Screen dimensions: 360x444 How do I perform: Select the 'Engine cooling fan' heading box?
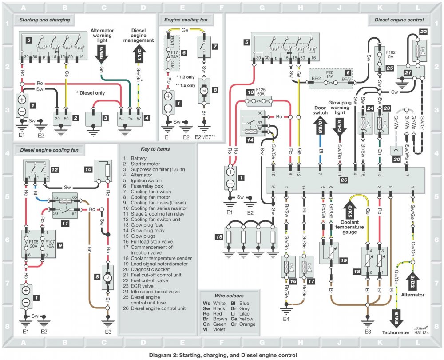pos(187,20)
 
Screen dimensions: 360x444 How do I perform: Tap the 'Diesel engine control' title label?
pos(399,20)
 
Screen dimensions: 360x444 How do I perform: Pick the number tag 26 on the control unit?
pos(344,180)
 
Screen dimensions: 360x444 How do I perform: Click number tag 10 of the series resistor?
pos(88,169)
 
